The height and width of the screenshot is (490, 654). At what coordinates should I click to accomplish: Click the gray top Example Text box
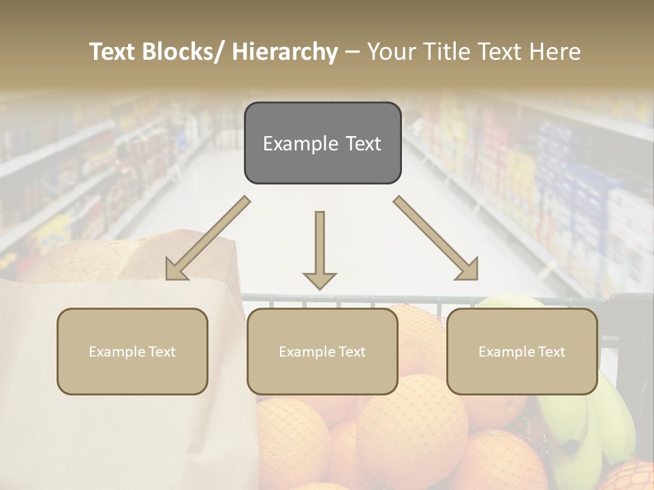click(x=322, y=143)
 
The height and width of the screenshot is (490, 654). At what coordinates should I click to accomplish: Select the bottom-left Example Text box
click(x=132, y=351)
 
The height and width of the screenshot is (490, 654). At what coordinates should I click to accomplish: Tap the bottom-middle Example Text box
click(x=322, y=351)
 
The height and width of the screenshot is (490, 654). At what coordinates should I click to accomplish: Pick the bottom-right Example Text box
click(x=522, y=351)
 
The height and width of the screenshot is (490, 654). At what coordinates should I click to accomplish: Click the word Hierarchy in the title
click(x=285, y=52)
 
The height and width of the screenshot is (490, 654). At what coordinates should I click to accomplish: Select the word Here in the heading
click(x=553, y=52)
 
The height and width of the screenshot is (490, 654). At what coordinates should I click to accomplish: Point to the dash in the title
click(x=352, y=52)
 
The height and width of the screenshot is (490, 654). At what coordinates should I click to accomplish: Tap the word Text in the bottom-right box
click(x=550, y=352)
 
